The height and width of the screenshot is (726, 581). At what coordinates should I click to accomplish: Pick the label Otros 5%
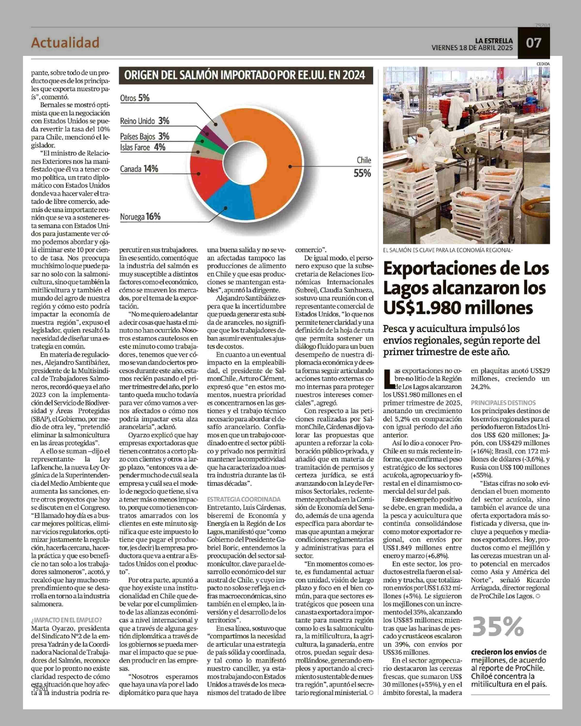(135, 98)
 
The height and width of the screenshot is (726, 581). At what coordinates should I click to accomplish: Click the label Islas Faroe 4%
(143, 147)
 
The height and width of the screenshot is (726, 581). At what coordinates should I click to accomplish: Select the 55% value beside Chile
(362, 173)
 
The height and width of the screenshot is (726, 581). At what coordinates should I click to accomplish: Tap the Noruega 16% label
(140, 217)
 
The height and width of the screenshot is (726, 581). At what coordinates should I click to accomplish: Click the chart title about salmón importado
(245, 75)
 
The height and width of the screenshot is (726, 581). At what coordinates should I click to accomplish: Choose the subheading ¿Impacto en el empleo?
(67, 620)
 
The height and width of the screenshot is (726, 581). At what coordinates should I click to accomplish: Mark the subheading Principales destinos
(498, 403)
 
